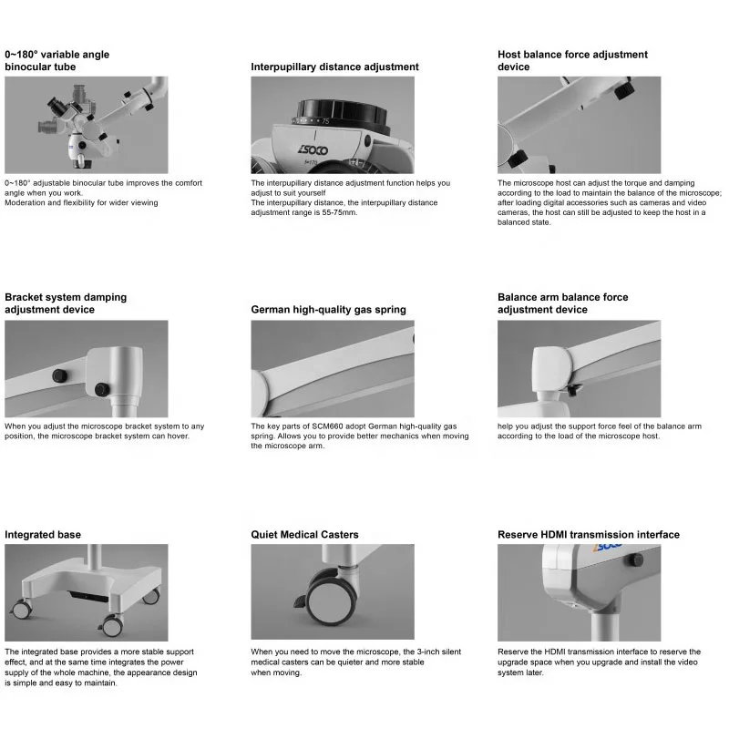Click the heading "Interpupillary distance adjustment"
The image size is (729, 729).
[334, 67]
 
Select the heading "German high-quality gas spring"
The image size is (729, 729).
[328, 310]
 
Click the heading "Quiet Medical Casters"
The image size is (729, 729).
[304, 535]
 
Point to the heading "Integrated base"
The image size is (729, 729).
[43, 535]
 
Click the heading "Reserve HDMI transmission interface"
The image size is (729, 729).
[588, 535]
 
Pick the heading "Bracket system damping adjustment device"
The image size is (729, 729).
[66, 303]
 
